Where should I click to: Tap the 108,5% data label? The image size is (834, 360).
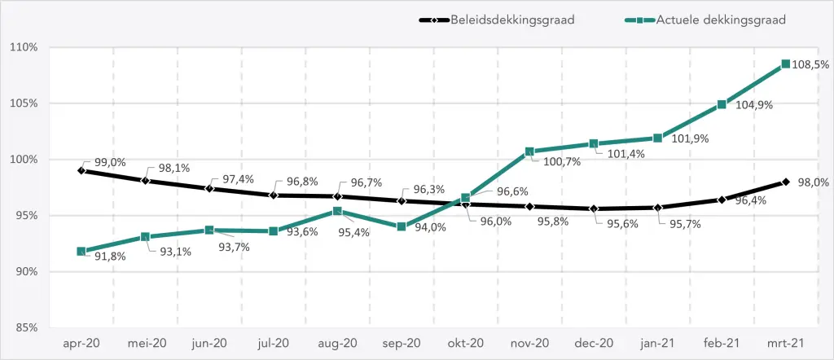[x=810, y=64]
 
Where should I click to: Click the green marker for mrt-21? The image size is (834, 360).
[x=785, y=64]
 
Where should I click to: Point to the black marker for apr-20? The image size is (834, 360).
[x=81, y=170]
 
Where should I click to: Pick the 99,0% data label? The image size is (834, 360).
[x=111, y=162]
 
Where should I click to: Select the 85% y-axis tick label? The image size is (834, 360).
[x=27, y=327]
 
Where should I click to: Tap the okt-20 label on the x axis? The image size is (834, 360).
[x=465, y=344]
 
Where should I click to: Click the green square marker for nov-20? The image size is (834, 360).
[x=529, y=151]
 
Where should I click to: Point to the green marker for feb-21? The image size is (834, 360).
[x=722, y=104]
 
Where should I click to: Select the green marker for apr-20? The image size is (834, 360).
[x=81, y=252]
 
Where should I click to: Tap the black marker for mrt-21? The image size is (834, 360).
[x=785, y=182]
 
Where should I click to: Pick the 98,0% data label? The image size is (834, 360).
[x=812, y=183]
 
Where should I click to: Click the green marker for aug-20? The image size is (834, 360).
[x=337, y=211]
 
